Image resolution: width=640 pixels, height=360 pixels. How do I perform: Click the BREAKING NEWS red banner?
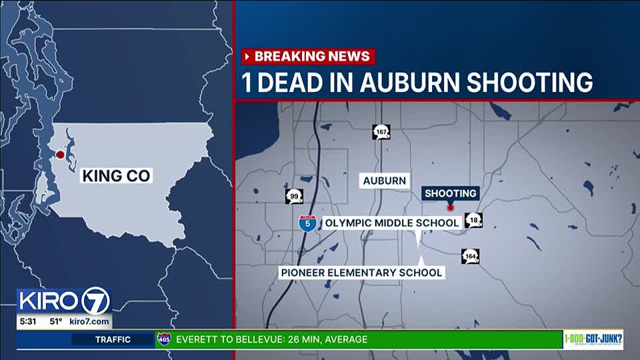tap(308, 56)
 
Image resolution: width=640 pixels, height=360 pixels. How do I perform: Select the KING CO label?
tap(117, 176)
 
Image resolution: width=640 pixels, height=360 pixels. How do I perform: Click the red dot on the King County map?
tap(60, 155)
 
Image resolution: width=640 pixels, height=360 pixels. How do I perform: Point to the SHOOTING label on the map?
tap(451, 193)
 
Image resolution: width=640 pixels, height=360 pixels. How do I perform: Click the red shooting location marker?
tap(450, 208)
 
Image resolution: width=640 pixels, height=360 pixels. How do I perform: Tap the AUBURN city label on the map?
tap(384, 181)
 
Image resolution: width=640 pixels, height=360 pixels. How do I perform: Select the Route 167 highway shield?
tap(381, 132)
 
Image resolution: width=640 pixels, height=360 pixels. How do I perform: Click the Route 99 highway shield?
tap(294, 196)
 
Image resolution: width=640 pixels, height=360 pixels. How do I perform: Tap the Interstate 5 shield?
tap(307, 223)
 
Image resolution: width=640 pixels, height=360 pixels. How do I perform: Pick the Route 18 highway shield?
tap(474, 221)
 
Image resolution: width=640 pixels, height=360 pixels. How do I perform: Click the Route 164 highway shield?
tap(470, 256)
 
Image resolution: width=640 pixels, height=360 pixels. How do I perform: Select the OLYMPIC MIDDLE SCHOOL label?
tap(391, 223)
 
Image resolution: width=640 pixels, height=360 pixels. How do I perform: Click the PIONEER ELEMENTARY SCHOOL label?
tap(361, 272)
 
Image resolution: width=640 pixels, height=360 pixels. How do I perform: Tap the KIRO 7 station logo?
tap(64, 301)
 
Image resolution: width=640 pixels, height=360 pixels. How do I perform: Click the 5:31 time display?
tap(29, 322)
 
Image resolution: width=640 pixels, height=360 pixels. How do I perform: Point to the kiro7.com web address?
tap(89, 322)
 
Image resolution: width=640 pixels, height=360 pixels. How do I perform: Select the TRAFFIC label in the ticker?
tap(113, 339)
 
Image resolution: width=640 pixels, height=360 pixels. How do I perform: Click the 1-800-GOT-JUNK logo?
tap(593, 339)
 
